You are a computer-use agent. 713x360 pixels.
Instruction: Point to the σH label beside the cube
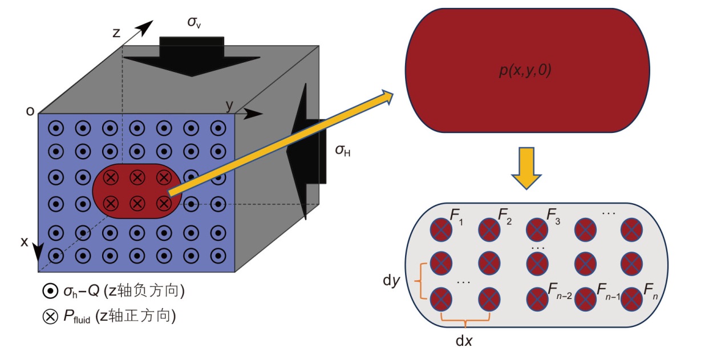343,151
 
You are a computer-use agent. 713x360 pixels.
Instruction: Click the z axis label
117,33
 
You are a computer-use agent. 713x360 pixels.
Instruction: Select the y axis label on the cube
229,104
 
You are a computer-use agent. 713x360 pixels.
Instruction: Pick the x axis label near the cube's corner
25,241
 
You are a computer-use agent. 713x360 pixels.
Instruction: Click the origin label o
30,111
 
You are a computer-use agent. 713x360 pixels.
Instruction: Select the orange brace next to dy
423,281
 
